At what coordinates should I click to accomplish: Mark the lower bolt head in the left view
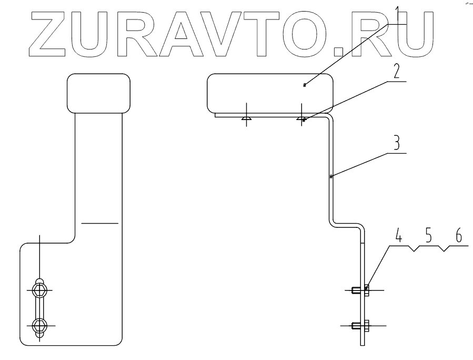click(x=40, y=326)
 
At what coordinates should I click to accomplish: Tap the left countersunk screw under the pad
click(x=246, y=118)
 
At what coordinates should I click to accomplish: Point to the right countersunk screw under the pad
click(x=301, y=118)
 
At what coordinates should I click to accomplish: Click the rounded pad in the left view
click(x=98, y=93)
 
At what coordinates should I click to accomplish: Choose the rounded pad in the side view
click(x=270, y=93)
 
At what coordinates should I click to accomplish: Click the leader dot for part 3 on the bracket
click(x=330, y=177)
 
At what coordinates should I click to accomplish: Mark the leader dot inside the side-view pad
click(x=305, y=85)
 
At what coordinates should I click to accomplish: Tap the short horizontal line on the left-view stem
click(x=100, y=223)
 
